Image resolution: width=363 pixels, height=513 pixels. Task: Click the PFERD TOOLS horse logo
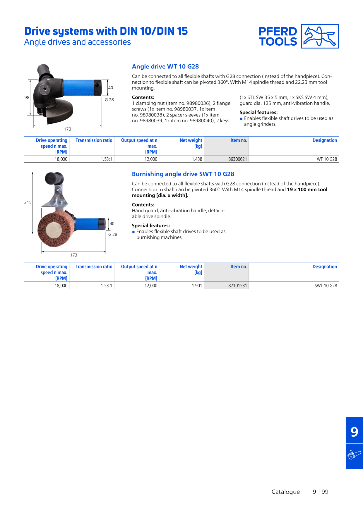point(320,36)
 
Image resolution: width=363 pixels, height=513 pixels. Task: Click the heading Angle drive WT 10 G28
point(165,67)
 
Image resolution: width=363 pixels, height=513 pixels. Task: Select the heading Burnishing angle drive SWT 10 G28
point(183,174)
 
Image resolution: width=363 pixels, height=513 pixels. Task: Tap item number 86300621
point(238,159)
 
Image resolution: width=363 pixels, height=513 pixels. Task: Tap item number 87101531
point(238,285)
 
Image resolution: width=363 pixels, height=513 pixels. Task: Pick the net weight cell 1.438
point(197,159)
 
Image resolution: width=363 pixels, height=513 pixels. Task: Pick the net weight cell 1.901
point(197,285)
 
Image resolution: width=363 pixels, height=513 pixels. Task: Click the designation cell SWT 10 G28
point(326,285)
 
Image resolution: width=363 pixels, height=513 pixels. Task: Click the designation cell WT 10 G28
point(327,159)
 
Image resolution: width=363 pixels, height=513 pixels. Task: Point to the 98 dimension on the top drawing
point(27,97)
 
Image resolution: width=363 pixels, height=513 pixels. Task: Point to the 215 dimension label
point(28,202)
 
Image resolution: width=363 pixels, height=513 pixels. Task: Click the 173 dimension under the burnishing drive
point(73,255)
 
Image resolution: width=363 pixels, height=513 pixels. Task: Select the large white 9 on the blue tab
point(354,432)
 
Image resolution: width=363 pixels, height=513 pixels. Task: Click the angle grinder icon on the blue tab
point(354,455)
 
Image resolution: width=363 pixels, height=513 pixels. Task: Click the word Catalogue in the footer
point(286,492)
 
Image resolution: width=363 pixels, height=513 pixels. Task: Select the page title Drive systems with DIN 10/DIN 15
point(106,31)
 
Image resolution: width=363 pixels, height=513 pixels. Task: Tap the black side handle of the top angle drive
point(44,71)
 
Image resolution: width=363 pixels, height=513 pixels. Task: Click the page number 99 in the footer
point(325,492)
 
